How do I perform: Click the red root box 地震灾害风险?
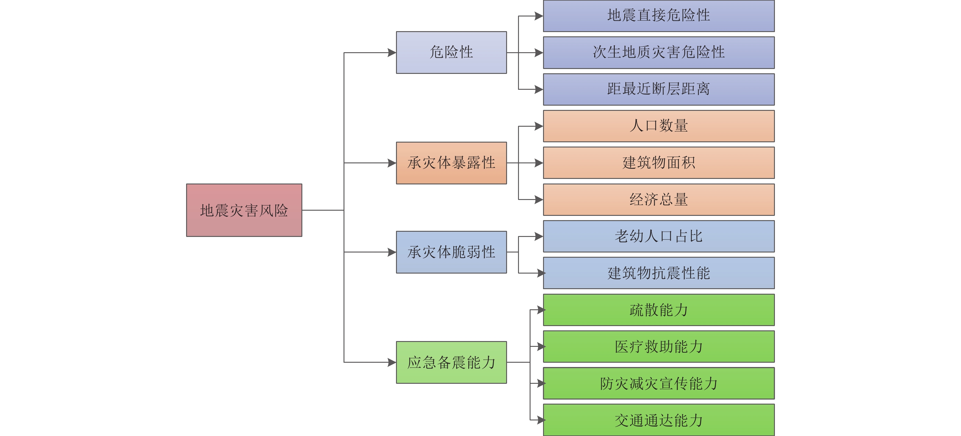pyautogui.click(x=244, y=210)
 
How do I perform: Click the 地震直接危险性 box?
pyautogui.click(x=658, y=16)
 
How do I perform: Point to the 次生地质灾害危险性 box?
pyautogui.click(x=658, y=52)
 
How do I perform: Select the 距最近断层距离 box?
pyautogui.click(x=658, y=89)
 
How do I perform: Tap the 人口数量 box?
pyautogui.click(x=658, y=126)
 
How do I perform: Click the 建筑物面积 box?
pyautogui.click(x=658, y=163)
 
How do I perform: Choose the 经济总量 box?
pyautogui.click(x=658, y=199)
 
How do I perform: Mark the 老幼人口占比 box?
pyautogui.click(x=658, y=236)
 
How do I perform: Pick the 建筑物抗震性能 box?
pyautogui.click(x=658, y=273)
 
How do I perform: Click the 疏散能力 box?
pyautogui.click(x=658, y=310)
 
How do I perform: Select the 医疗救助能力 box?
pyautogui.click(x=658, y=347)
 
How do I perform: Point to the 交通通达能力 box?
pyautogui.click(x=658, y=420)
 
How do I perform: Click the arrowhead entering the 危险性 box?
pyautogui.click(x=392, y=53)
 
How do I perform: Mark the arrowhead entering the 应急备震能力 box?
pyautogui.click(x=392, y=362)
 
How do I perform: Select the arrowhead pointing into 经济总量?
pyautogui.click(x=539, y=200)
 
